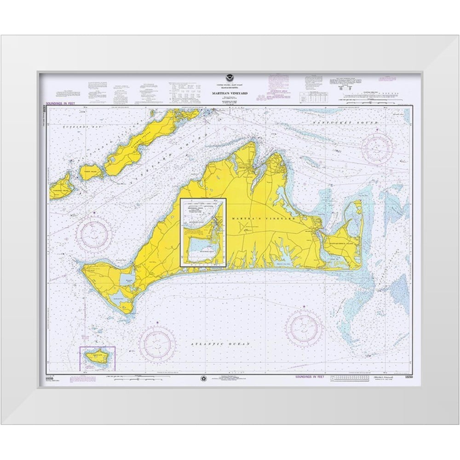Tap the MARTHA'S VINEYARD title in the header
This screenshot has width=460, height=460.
click(x=230, y=93)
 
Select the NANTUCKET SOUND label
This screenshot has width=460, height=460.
click(x=344, y=124)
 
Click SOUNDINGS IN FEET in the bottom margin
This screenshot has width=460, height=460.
click(x=310, y=377)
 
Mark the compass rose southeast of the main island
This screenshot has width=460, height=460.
click(x=304, y=328)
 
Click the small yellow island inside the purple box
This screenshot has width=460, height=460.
click(x=97, y=357)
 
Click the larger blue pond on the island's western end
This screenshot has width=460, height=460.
click(x=128, y=279)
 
